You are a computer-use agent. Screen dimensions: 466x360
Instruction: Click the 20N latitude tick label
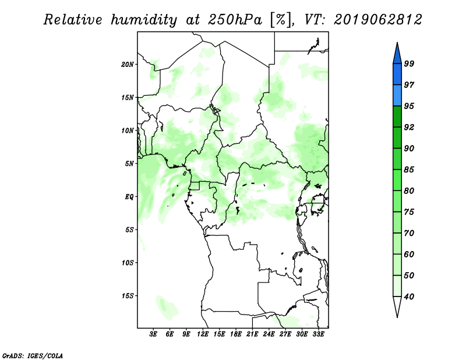128,65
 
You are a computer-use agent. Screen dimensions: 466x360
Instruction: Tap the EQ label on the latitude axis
129,197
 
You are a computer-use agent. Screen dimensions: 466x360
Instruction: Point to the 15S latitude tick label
128,296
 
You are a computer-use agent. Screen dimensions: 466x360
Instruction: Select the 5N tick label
129,164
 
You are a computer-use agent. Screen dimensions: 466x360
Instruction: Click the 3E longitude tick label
153,334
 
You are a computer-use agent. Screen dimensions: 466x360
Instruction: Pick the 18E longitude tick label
236,334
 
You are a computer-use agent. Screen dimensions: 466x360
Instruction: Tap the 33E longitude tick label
318,334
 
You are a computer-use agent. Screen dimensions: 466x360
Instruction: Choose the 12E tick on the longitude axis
203,334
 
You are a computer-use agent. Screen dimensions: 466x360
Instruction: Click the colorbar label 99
409,63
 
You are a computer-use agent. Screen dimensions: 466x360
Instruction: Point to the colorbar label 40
409,297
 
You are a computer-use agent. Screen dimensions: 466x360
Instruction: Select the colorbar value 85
409,170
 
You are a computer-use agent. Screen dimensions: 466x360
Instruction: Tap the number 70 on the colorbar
409,233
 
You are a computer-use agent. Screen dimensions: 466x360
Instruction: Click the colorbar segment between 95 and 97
397,96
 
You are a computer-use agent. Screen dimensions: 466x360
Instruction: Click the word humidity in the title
144,20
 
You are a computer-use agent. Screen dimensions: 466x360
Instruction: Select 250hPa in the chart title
235,20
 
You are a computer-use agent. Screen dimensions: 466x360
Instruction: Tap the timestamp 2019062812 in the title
377,20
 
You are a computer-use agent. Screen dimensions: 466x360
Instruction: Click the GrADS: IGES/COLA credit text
33,356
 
